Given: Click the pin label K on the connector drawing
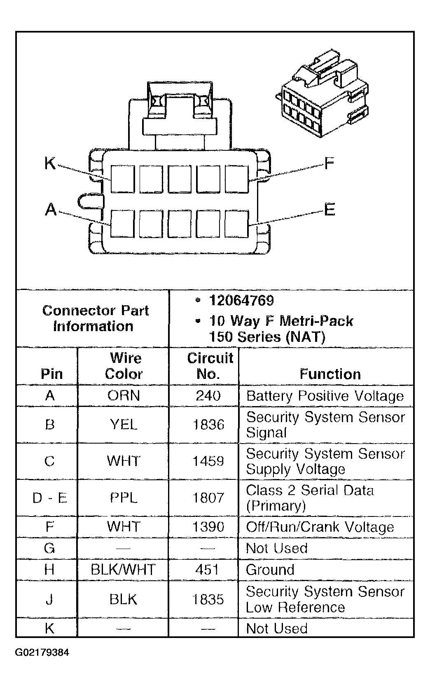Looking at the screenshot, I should [50, 164].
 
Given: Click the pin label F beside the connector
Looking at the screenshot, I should [329, 164].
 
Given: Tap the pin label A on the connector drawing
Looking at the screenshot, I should [50, 210].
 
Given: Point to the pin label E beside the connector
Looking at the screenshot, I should [330, 210].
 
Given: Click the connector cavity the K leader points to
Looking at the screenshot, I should [122, 179].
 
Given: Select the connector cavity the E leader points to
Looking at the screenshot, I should [237, 224].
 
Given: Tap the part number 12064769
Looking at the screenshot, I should [241, 301].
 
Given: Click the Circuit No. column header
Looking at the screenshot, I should [210, 366].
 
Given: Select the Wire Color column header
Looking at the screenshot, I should [124, 366].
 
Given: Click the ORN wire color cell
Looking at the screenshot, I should [124, 396].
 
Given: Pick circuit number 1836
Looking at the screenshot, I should [208, 425].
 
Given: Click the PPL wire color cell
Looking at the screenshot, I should [124, 498].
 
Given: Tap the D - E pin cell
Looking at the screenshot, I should [49, 498].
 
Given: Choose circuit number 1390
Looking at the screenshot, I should [208, 527].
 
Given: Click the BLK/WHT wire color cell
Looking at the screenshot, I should [123, 570].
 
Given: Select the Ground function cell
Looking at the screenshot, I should [270, 570].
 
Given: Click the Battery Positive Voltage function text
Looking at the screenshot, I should [325, 396].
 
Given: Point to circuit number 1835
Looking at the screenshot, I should [208, 599].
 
